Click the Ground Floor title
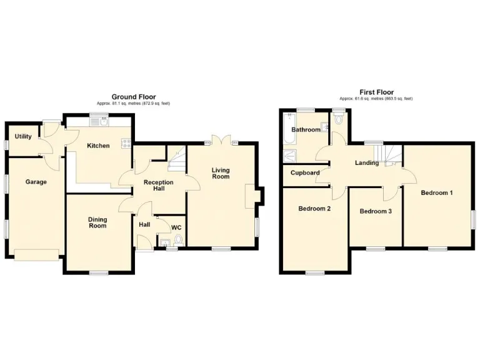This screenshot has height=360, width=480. coord(133,96)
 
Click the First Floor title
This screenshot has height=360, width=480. coord(376,92)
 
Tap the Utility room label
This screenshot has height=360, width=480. coord(24,136)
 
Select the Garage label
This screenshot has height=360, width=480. coord(36,182)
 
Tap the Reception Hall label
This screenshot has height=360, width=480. coord(159,186)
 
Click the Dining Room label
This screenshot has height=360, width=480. coord(97,222)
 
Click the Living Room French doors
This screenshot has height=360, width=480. coord(221,141)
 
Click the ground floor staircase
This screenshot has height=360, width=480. coord(177,162)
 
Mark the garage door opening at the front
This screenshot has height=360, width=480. coord(37,254)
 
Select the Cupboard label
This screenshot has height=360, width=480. coord(306,173)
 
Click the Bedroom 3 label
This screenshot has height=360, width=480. coord(376,211)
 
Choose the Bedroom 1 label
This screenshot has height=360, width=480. coord(436,193)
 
